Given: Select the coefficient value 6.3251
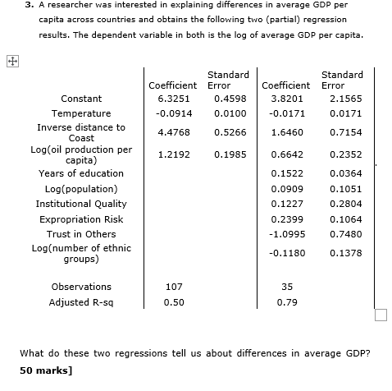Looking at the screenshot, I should click(x=173, y=98).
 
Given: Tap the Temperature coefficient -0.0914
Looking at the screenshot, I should click(x=172, y=113).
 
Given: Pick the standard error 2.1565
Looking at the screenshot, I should click(x=345, y=98).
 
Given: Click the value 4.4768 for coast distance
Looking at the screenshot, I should click(x=173, y=132).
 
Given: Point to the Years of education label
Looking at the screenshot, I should click(x=81, y=173).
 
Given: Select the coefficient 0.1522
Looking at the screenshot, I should click(x=285, y=173).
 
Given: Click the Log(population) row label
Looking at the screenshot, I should click(x=81, y=189).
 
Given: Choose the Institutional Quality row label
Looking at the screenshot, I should click(x=81, y=204).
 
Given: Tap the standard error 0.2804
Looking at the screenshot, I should click(x=345, y=204).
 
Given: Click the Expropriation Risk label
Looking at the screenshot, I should click(x=81, y=219).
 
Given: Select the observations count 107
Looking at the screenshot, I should click(x=173, y=287).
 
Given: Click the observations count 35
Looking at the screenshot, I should click(x=286, y=287).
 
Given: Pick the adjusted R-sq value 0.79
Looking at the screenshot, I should click(x=286, y=302).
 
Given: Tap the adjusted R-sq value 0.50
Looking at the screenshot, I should click(x=173, y=302).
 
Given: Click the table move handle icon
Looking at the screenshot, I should click(x=11, y=60).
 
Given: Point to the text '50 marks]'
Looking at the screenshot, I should click(x=46, y=370).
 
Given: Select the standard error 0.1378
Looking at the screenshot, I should click(x=345, y=253).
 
